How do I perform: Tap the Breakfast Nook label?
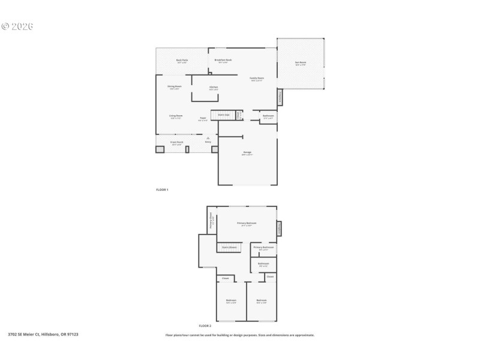(x=223, y=61)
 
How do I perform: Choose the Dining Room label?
(x=175, y=87)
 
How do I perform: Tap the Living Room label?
(x=175, y=116)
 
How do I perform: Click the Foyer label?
(x=203, y=119)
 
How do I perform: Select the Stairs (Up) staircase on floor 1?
(x=224, y=115)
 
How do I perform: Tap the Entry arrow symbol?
(x=208, y=139)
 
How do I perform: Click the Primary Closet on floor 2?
(x=211, y=220)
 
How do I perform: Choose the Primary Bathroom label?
(x=263, y=248)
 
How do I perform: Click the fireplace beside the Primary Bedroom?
(x=279, y=229)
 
